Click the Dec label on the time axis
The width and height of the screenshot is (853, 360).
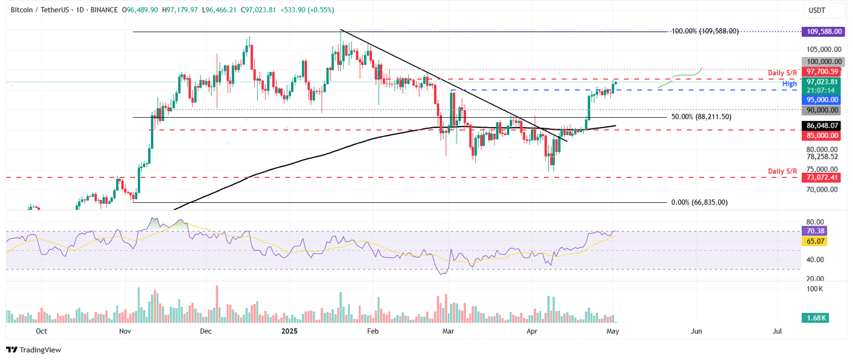pos(205,331)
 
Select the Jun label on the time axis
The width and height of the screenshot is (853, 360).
pos(696,331)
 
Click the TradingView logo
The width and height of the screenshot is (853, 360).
pos(34,350)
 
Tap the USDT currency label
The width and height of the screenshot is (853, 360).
pos(817,11)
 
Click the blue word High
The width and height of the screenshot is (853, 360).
pos(790,84)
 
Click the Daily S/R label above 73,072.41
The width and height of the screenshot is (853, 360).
pos(782,170)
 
